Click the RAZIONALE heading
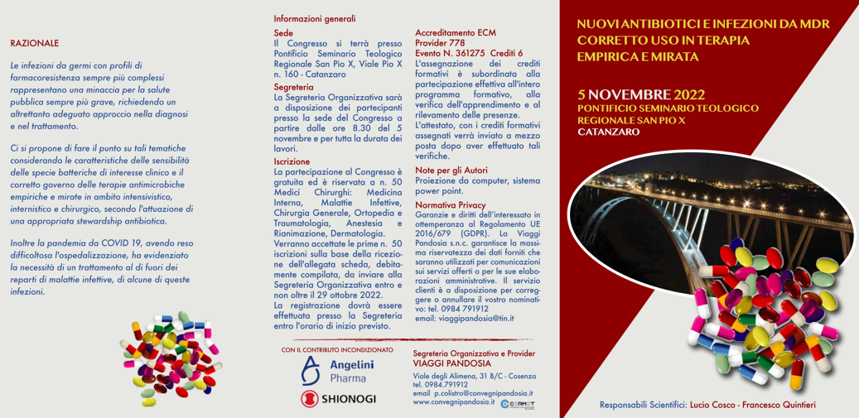pos(34,43)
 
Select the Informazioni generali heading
pos(315,18)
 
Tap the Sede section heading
pos(283,34)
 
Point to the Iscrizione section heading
pos(292,161)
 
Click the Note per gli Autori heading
pos(451,170)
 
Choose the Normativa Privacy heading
pos(450,204)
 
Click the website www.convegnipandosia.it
pos(454,402)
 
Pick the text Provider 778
pos(439,43)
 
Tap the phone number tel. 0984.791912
pos(440,384)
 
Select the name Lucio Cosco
pos(712,405)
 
